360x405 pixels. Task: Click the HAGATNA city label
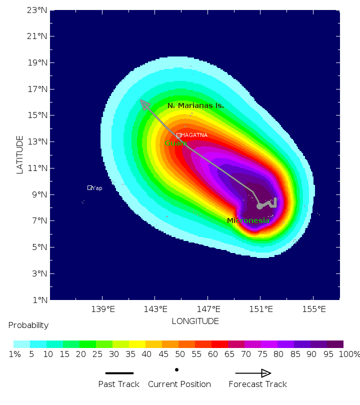[x=194, y=135]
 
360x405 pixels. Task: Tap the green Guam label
[x=175, y=143]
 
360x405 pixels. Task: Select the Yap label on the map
[x=96, y=188]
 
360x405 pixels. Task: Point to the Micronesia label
[x=248, y=220]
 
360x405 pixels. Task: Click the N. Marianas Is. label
[x=195, y=105]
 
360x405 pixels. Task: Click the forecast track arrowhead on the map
[x=144, y=104]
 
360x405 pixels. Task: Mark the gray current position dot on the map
[x=259, y=206]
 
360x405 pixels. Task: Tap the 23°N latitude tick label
[x=38, y=10]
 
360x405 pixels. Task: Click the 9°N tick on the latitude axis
[x=40, y=194]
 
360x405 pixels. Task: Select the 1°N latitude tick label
[x=40, y=300]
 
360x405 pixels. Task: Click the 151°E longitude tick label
[x=260, y=309]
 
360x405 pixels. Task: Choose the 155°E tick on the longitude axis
[x=313, y=309]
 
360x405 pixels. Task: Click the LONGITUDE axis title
[x=195, y=321]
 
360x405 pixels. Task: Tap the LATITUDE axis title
[x=20, y=154]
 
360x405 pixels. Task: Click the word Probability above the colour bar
[x=28, y=325]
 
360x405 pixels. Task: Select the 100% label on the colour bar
[x=349, y=354]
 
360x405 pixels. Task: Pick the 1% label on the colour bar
[x=14, y=354]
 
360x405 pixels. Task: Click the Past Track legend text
[x=119, y=384]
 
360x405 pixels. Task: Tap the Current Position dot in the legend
[x=176, y=370]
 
